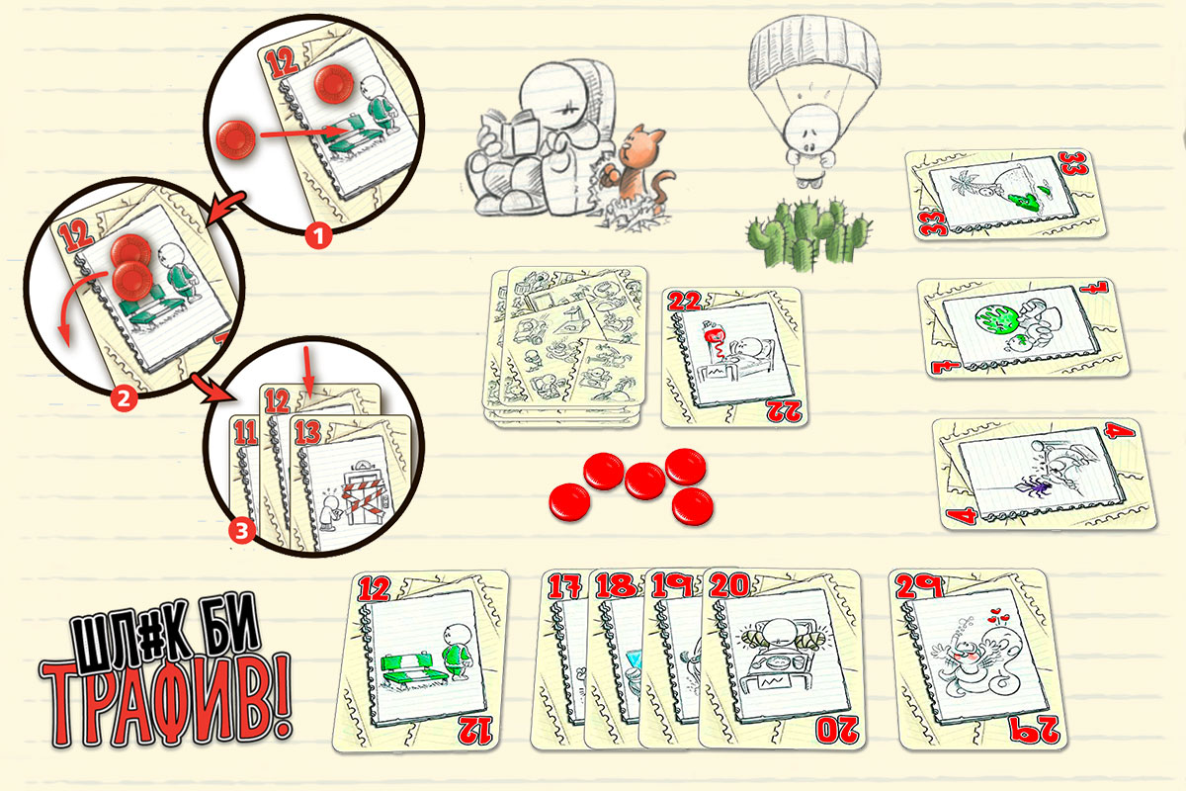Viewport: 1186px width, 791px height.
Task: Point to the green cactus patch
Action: (808, 234)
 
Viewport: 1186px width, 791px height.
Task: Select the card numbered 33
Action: (1005, 195)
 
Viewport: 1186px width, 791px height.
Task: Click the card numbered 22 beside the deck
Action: (733, 357)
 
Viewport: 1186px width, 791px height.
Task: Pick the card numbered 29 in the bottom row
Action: (976, 659)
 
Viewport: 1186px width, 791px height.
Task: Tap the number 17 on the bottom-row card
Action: (564, 586)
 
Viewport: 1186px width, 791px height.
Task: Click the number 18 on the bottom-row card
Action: (615, 585)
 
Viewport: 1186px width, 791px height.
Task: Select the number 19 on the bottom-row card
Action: (672, 585)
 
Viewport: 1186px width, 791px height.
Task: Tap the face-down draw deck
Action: (565, 346)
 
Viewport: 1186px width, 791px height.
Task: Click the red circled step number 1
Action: (318, 235)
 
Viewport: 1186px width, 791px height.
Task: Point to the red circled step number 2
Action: (124, 398)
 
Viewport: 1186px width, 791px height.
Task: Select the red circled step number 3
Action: (242, 530)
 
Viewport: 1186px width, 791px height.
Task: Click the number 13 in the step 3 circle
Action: (308, 432)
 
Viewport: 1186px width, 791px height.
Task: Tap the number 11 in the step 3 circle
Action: (245, 432)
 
